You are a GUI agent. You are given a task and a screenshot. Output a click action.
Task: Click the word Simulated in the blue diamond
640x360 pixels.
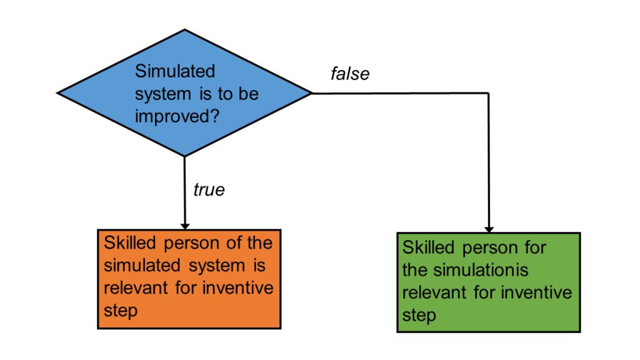(x=175, y=71)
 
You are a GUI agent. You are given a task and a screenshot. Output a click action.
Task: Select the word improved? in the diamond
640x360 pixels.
(x=177, y=117)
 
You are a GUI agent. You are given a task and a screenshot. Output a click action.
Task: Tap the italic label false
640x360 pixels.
(x=350, y=74)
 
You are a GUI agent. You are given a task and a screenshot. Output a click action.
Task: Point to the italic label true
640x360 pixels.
(x=209, y=190)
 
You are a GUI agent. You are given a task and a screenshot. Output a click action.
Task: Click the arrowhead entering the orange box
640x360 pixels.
(x=185, y=226)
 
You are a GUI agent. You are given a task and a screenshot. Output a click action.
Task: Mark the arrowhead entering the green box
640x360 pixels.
(x=489, y=229)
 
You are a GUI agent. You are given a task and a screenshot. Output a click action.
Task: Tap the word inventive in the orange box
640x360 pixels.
(x=238, y=287)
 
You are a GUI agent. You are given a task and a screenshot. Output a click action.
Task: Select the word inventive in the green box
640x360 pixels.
(x=536, y=292)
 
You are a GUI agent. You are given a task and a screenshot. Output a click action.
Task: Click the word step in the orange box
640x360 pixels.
(x=121, y=311)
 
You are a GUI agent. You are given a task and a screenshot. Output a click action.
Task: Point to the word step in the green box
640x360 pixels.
(x=419, y=316)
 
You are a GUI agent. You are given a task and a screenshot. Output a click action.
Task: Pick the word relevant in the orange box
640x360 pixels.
(x=136, y=287)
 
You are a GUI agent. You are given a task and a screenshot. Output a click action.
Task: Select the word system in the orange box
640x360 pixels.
(x=217, y=266)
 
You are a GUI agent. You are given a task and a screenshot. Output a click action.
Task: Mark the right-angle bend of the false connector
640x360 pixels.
(x=489, y=93)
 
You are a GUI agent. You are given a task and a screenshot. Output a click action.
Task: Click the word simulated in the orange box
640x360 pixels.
(x=142, y=265)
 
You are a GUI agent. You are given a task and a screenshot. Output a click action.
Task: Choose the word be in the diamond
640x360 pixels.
(x=249, y=94)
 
